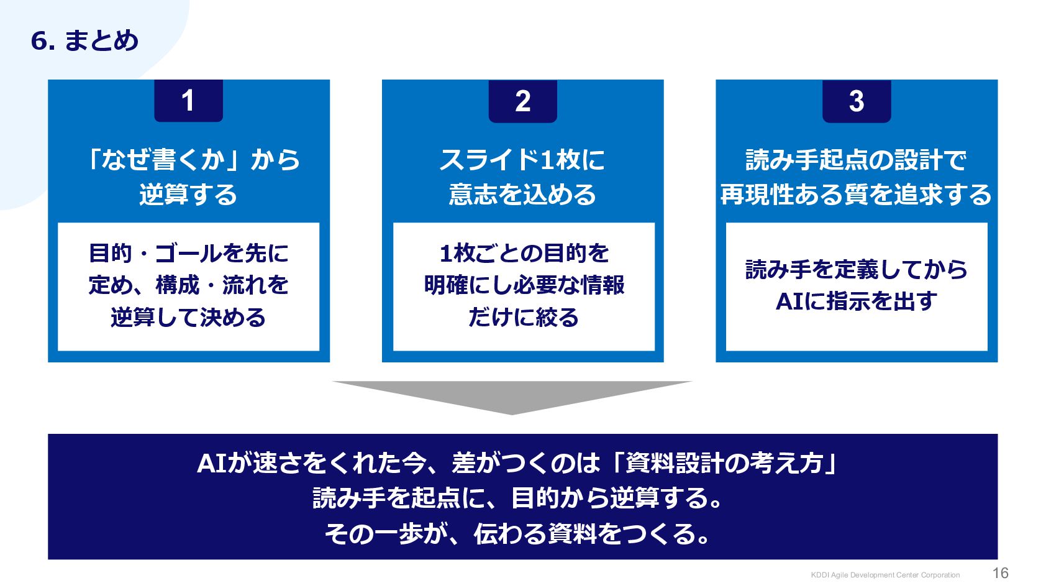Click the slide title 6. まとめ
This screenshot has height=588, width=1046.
(x=84, y=41)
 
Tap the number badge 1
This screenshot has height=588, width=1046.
(x=188, y=101)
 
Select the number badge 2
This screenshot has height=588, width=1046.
(x=522, y=101)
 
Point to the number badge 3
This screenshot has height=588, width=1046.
(x=857, y=101)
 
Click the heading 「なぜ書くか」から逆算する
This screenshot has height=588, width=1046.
(x=189, y=177)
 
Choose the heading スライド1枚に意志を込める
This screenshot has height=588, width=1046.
(x=522, y=177)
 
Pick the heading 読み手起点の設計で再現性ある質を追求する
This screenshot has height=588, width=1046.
(x=856, y=177)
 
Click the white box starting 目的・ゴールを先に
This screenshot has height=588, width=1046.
(x=189, y=286)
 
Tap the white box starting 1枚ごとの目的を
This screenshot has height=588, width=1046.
(x=524, y=286)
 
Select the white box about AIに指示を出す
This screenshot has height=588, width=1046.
(x=857, y=286)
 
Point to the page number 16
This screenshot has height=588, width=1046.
(x=1000, y=573)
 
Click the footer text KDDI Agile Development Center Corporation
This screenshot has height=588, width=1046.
(x=885, y=575)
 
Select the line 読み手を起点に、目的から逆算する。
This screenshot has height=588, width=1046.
(x=518, y=498)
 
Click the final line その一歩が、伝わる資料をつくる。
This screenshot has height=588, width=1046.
(x=518, y=533)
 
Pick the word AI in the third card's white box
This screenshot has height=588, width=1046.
(x=789, y=301)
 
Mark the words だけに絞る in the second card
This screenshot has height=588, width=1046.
(x=524, y=318)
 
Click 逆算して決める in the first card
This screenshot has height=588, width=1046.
(x=188, y=318)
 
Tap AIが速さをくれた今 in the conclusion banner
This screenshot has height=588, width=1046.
(x=311, y=463)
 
